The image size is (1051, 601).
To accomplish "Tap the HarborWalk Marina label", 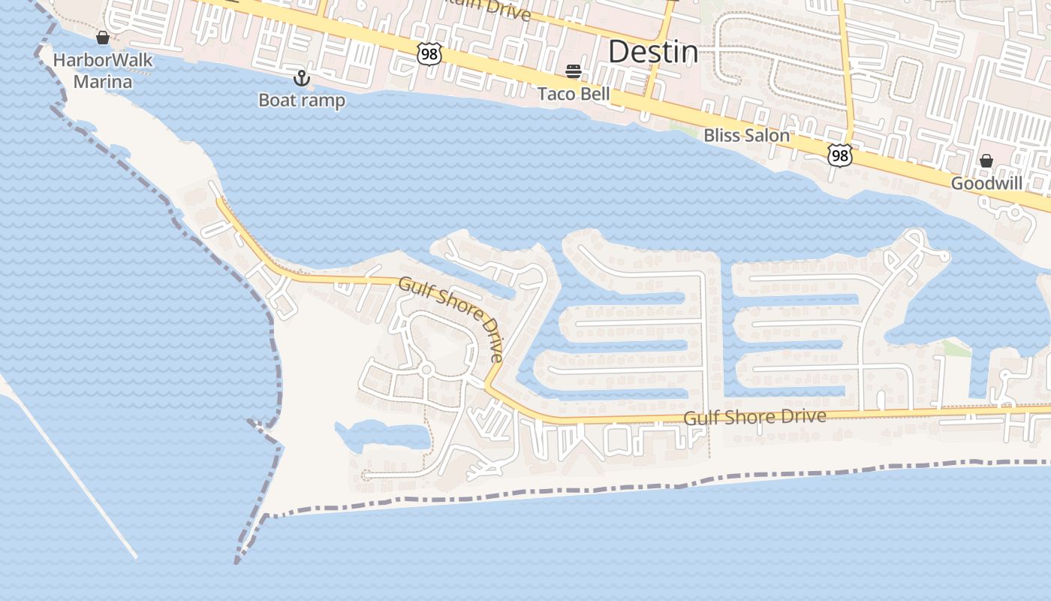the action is [x=103, y=71].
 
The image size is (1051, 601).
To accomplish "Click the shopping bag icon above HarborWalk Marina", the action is [x=103, y=38].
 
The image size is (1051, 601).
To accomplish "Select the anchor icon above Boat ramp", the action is [x=301, y=78].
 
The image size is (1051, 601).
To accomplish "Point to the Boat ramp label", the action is [x=302, y=100].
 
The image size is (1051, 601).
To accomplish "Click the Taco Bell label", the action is [x=574, y=94].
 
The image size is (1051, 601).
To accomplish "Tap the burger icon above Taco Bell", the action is [x=574, y=71].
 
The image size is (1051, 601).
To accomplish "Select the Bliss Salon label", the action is [x=746, y=136].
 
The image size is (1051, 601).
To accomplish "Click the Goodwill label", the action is [x=986, y=183].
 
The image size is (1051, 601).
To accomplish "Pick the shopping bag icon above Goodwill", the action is [x=986, y=161].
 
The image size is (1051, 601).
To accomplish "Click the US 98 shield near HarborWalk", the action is [x=429, y=53].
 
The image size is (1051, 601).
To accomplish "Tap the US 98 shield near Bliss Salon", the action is [x=840, y=156].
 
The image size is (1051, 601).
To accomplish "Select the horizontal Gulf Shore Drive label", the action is [x=754, y=417].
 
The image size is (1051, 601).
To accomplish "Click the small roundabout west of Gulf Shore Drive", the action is [x=426, y=369].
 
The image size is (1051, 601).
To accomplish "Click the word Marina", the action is [x=103, y=81].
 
